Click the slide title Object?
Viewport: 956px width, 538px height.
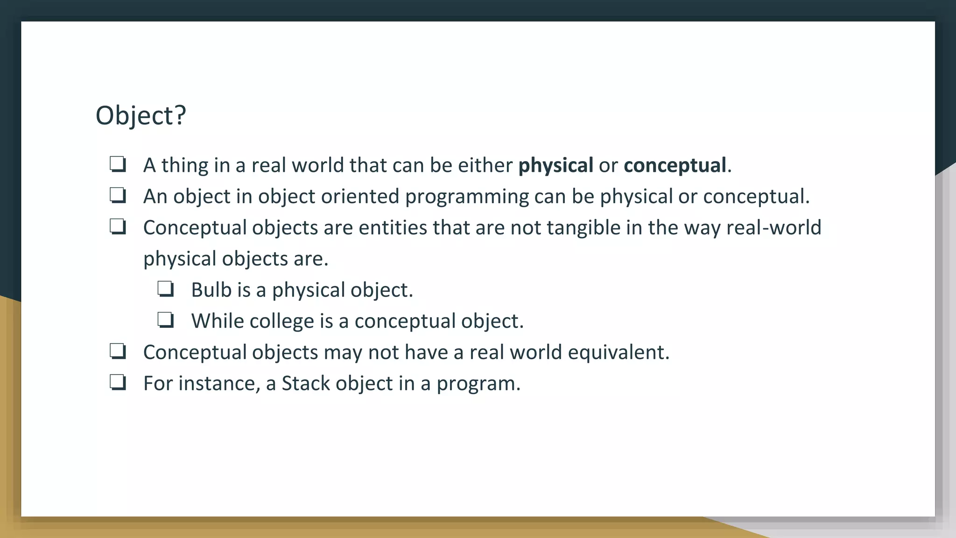coord(141,115)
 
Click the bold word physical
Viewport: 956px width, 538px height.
coord(555,165)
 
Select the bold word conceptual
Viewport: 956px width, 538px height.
coord(675,165)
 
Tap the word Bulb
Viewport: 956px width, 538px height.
coord(211,290)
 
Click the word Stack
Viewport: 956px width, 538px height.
coord(306,383)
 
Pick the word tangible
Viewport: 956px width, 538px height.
coord(583,228)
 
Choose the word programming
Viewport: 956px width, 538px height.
coord(467,197)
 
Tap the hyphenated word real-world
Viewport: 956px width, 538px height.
coord(773,228)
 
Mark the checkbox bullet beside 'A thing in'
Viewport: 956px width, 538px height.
coord(118,164)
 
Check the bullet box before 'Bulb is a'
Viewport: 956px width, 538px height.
coord(166,289)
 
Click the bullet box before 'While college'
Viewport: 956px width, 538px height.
coord(166,320)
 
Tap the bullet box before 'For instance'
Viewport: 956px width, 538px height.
coord(118,382)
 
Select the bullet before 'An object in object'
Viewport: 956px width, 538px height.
coord(118,196)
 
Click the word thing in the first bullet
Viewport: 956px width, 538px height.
coord(185,165)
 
